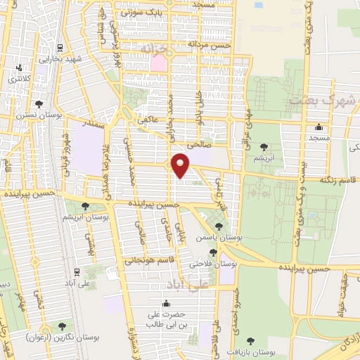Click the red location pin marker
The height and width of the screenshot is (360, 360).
tap(181, 164)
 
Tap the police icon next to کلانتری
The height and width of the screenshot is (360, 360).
tap(18, 69)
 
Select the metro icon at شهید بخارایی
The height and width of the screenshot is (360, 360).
tap(59, 48)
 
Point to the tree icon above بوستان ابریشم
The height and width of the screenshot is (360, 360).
tap(84, 207)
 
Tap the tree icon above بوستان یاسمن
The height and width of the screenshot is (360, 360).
tap(219, 226)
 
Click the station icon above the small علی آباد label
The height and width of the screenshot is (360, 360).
tap(77, 271)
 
